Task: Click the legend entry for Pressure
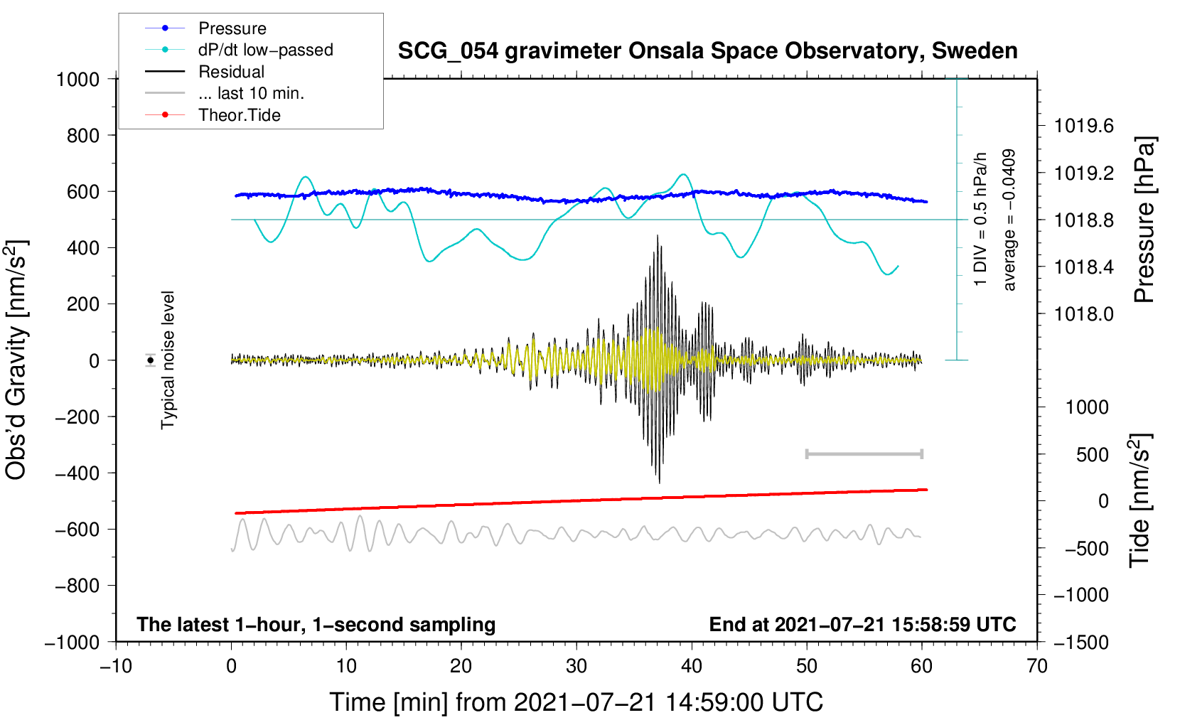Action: click(232, 28)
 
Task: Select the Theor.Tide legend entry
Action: click(239, 115)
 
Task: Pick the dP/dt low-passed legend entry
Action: click(265, 50)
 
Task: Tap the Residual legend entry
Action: click(231, 72)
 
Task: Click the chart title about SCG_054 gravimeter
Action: click(707, 51)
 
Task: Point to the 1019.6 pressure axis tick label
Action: click(1083, 127)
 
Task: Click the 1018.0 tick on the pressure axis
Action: click(1083, 314)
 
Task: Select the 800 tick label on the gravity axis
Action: click(82, 136)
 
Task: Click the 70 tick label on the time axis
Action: click(1037, 666)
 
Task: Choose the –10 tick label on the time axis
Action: click(115, 666)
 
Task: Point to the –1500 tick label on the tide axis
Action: click(1080, 643)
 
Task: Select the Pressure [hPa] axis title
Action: click(1144, 220)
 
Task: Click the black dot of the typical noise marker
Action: click(151, 360)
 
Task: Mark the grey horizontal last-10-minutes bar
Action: click(864, 453)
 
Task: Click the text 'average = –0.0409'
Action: click(1009, 220)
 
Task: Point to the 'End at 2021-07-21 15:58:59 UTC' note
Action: click(862, 625)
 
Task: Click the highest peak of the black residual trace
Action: click(658, 236)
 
